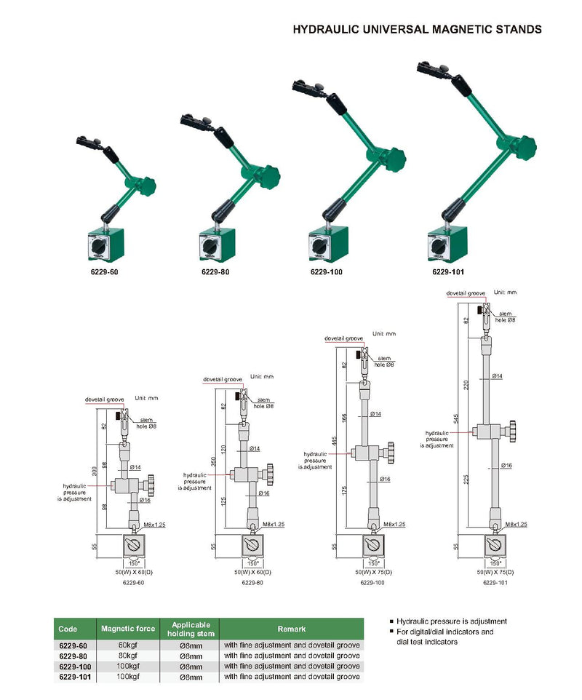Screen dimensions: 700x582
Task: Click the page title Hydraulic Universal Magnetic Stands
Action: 417,30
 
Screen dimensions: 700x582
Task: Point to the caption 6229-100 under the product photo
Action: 326,271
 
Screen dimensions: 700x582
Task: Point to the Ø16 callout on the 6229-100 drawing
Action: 386,479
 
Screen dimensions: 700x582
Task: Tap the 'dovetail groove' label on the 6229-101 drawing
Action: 466,293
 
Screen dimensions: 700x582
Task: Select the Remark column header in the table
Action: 291,629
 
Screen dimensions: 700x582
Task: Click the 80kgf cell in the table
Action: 128,656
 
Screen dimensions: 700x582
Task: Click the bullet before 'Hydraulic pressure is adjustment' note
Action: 391,622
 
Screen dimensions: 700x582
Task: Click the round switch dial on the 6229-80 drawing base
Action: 252,546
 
